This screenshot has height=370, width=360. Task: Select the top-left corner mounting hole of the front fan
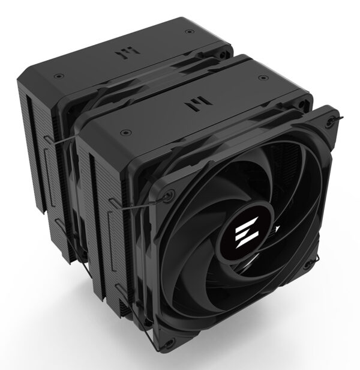(169, 194)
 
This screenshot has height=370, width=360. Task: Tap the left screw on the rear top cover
(57, 76)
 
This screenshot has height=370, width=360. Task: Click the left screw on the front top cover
(125, 131)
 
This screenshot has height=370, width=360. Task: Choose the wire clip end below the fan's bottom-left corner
(157, 345)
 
